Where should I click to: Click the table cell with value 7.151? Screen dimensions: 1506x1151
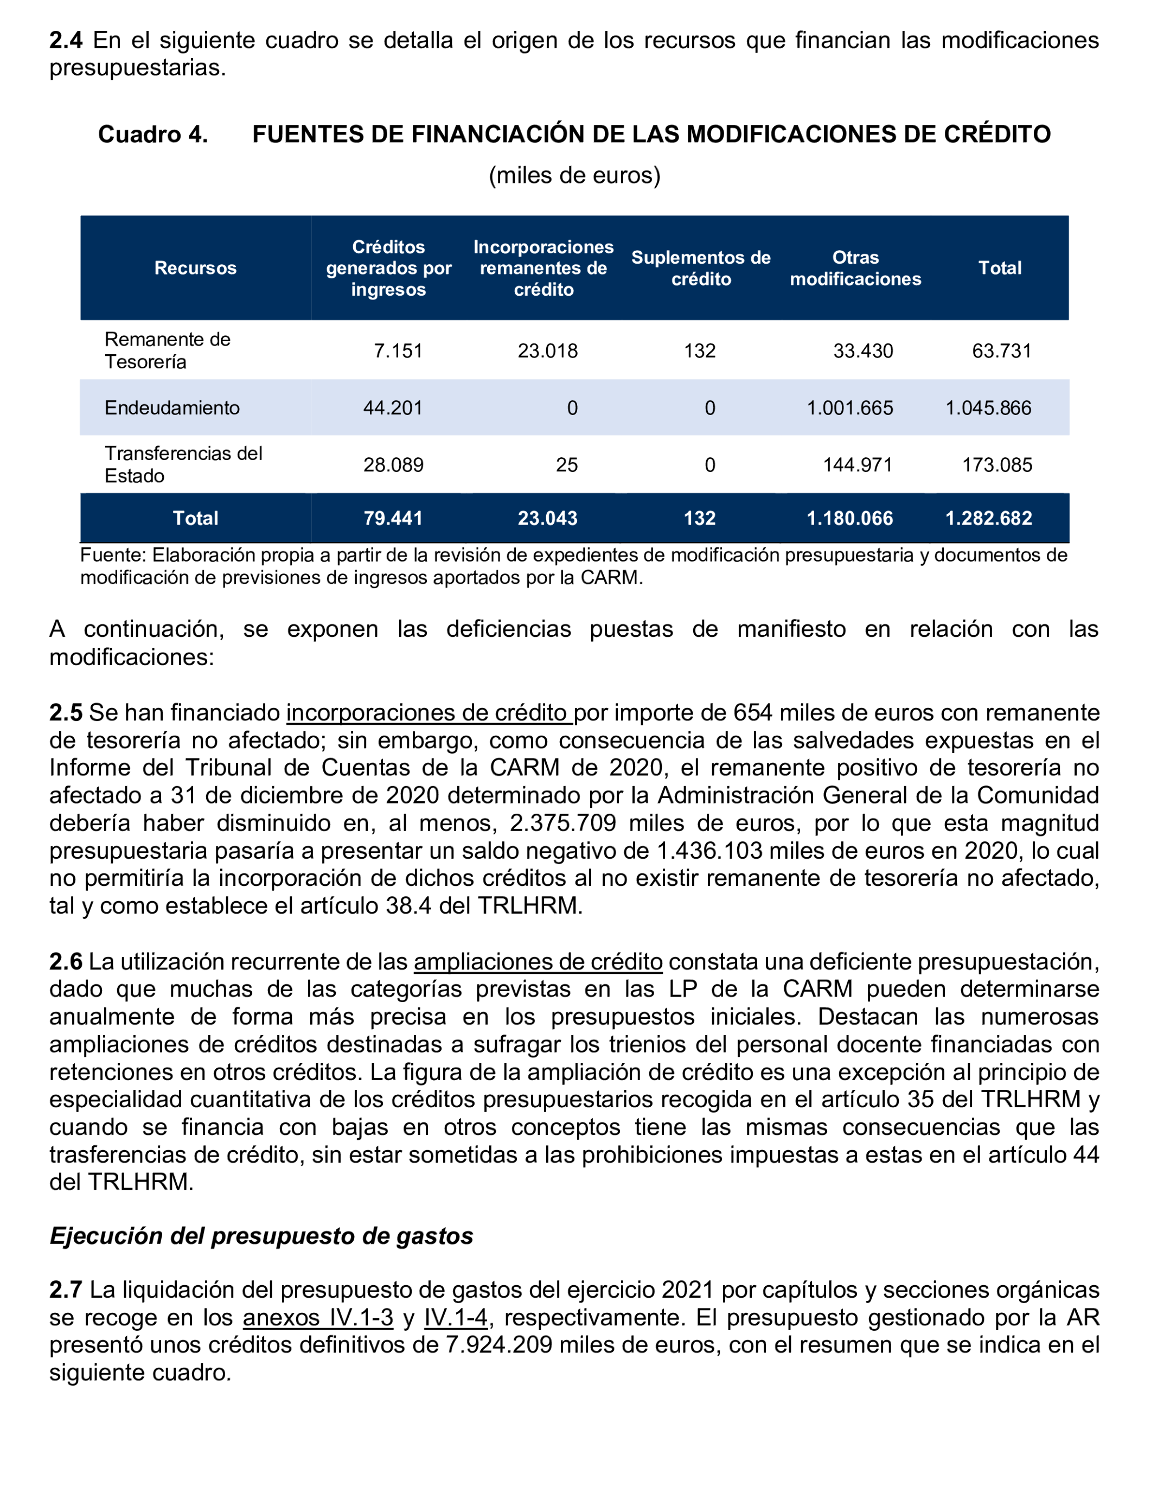click(398, 351)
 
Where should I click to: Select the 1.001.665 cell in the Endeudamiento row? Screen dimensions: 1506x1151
click(849, 407)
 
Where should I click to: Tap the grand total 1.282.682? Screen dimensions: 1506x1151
click(988, 518)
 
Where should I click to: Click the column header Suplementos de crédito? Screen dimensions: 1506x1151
click(701, 268)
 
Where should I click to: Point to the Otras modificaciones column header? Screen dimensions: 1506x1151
click(855, 268)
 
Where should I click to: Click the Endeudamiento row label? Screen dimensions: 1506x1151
click(172, 407)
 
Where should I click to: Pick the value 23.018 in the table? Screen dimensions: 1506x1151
click(547, 351)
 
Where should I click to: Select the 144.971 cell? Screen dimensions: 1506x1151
click(857, 464)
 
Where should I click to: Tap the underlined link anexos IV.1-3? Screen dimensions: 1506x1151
click(318, 1317)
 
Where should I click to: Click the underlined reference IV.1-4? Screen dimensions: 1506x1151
click(456, 1317)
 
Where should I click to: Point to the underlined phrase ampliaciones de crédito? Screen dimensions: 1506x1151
click(538, 961)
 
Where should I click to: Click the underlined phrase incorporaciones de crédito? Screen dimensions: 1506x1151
click(429, 712)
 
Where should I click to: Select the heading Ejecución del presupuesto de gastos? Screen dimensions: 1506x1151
click(261, 1235)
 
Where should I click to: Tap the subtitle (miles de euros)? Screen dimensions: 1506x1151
click(574, 175)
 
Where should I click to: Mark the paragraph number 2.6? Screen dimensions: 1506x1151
click(66, 961)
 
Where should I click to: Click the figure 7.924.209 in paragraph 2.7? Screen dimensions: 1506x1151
click(499, 1344)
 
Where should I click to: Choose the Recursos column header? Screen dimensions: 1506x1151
click(195, 268)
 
